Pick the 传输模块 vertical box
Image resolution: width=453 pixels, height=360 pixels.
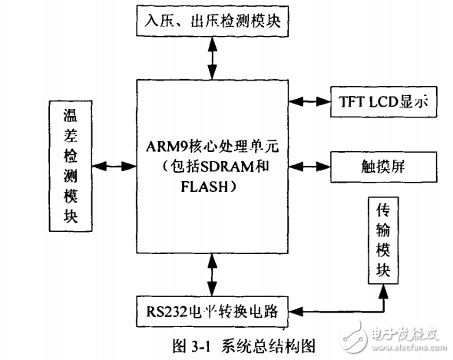coord(383,240)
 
